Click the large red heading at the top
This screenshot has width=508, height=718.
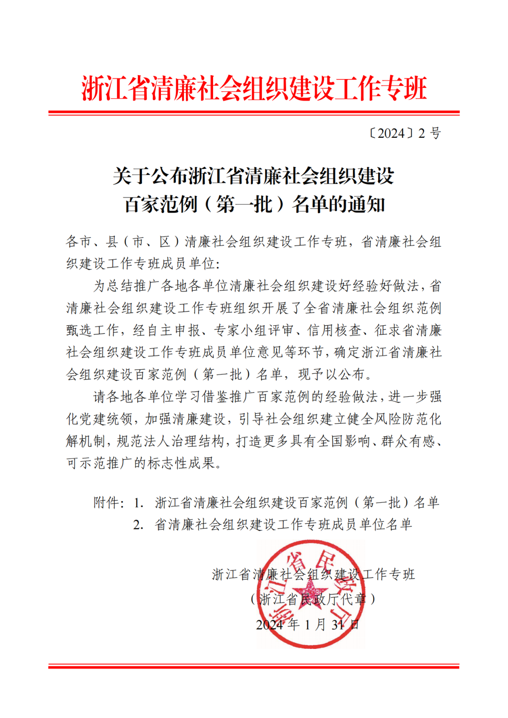[254, 88]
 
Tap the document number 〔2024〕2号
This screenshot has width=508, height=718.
[404, 134]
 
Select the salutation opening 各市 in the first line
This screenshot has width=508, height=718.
[78, 242]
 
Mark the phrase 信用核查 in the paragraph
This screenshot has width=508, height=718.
[334, 331]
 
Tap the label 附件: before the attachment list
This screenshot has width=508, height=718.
[109, 503]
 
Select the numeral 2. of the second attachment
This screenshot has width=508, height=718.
[138, 525]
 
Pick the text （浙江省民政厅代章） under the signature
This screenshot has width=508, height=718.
[313, 599]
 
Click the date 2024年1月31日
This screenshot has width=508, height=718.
[308, 624]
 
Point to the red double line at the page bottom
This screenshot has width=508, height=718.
[254, 666]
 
